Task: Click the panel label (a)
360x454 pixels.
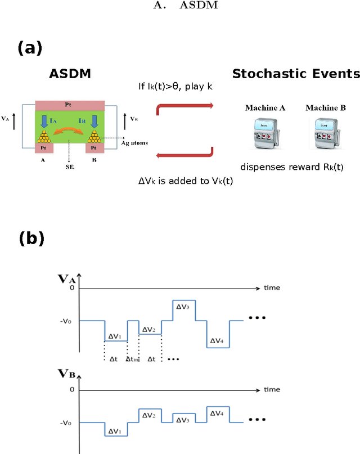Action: [30, 48]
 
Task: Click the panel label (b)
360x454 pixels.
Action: [31, 239]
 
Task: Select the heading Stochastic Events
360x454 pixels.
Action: [296, 74]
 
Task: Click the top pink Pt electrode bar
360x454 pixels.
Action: [69, 106]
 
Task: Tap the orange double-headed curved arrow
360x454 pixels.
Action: [70, 132]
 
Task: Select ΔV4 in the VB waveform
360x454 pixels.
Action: [218, 413]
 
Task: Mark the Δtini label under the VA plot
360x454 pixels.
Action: [133, 358]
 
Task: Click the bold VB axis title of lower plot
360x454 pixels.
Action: [66, 374]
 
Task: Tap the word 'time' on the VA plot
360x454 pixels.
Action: [272, 287]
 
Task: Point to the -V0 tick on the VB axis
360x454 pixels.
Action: [66, 422]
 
